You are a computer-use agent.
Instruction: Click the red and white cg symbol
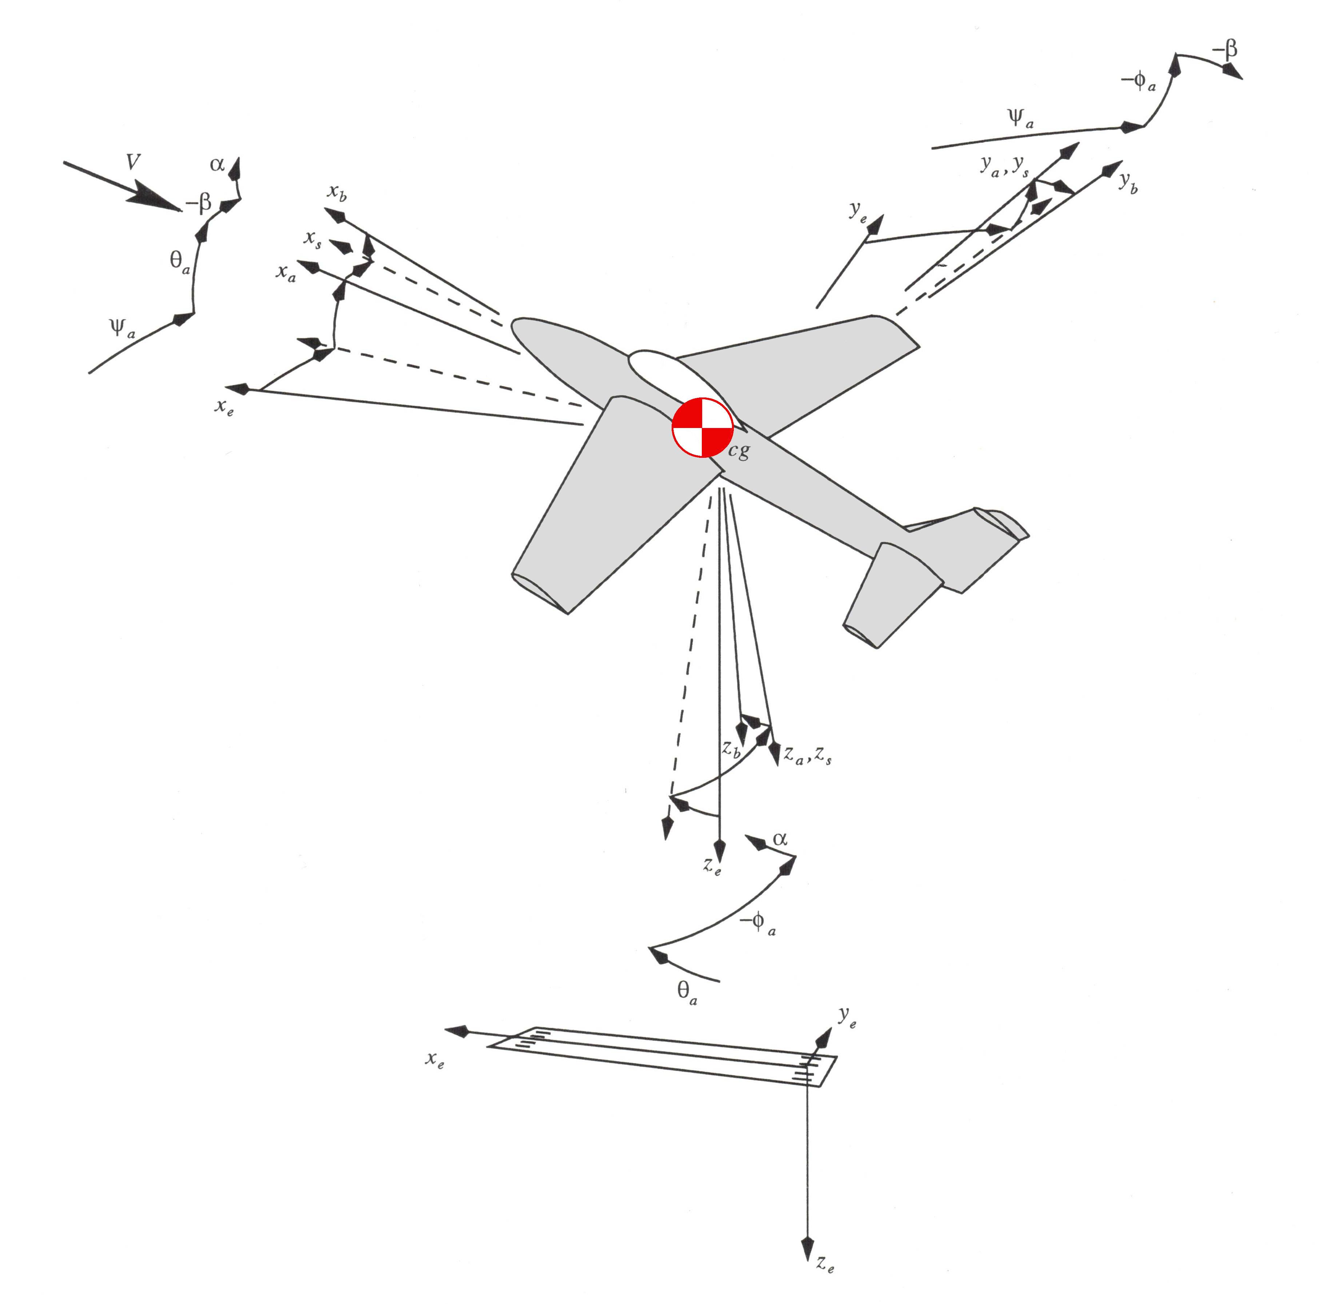click(702, 427)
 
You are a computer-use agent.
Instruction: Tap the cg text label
click(739, 451)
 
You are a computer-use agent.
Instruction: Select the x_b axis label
click(336, 192)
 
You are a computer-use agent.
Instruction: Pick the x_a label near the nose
click(285, 273)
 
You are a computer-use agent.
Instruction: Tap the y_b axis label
click(1128, 183)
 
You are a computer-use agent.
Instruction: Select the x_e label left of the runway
click(435, 1060)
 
